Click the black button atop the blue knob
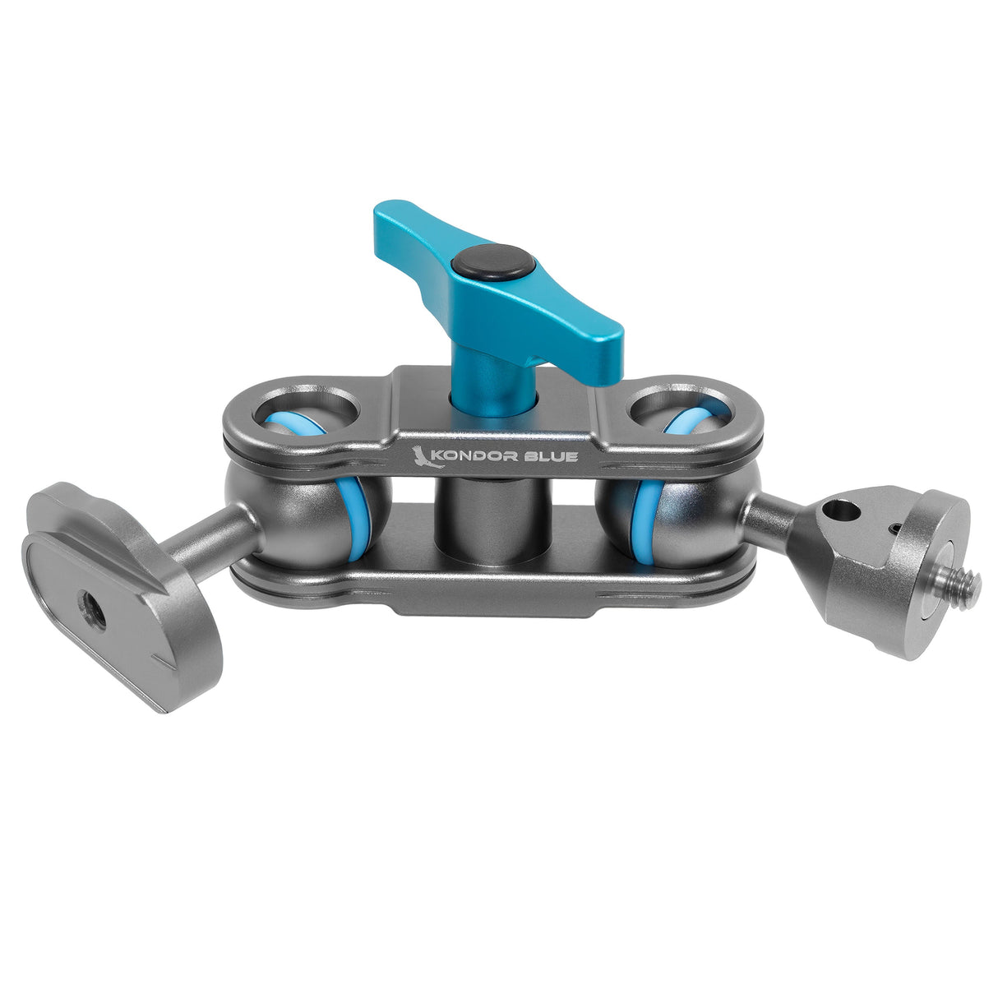pyautogui.click(x=492, y=263)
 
